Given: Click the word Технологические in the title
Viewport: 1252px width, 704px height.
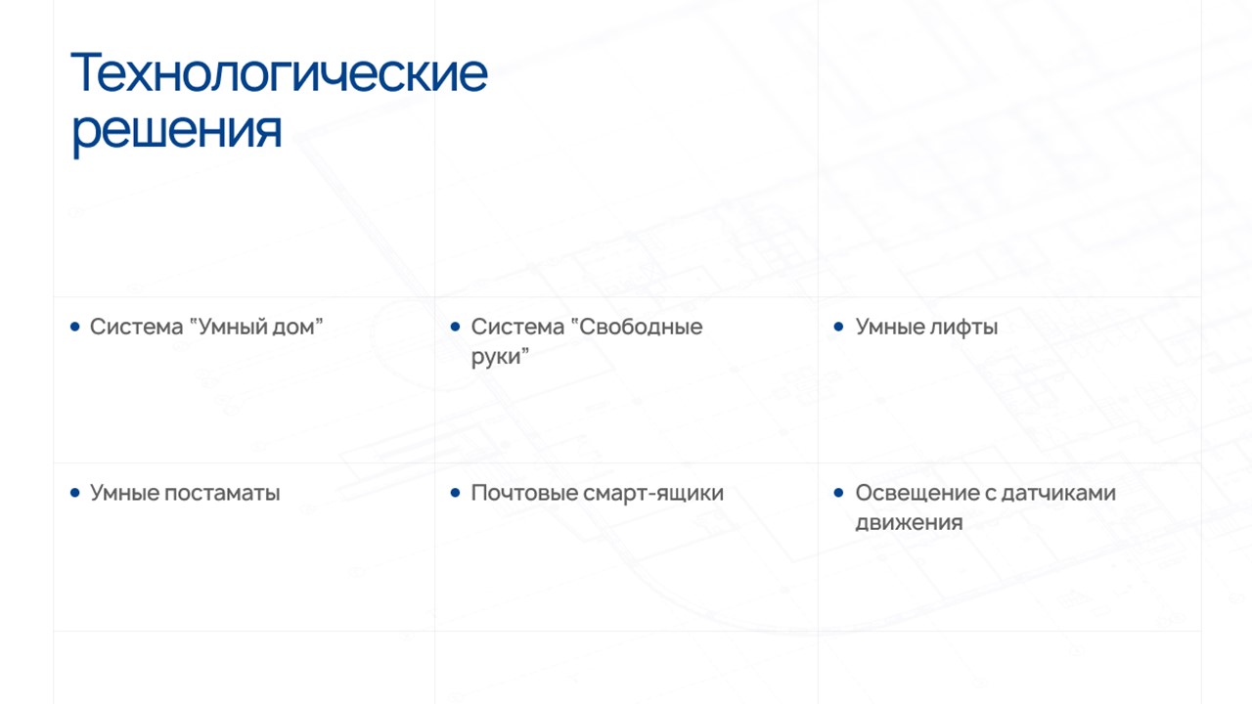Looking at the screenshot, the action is pyautogui.click(x=280, y=72).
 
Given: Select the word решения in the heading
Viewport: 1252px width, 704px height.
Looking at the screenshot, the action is pyautogui.click(x=177, y=132).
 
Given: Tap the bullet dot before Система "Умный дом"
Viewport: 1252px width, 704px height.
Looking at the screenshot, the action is pyautogui.click(x=75, y=327).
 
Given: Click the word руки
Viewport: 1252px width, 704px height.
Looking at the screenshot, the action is pyautogui.click(x=500, y=357).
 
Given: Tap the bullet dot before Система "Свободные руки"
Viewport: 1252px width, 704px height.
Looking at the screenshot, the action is pyautogui.click(x=455, y=327).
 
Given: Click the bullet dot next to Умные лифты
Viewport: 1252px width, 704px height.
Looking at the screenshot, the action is pyautogui.click(x=838, y=327).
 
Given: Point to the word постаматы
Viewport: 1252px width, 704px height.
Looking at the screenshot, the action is pyautogui.click(x=222, y=494).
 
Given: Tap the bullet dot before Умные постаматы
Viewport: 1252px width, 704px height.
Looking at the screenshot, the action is pyautogui.click(x=75, y=492).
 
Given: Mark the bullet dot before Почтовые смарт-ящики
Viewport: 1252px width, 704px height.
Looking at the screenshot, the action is pyautogui.click(x=455, y=492).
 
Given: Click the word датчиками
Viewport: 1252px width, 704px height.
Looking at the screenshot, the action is pyautogui.click(x=1058, y=494).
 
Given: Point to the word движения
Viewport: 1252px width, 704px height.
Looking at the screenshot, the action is pyautogui.click(x=909, y=523).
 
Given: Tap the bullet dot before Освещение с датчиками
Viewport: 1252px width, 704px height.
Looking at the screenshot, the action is pyautogui.click(x=838, y=492).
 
